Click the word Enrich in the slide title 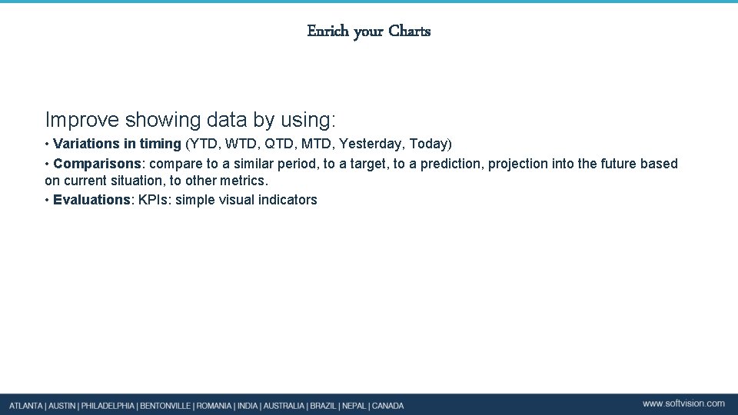pyautogui.click(x=328, y=32)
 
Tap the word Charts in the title pyautogui.click(x=410, y=32)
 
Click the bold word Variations pyautogui.click(x=87, y=144)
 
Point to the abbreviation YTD pyautogui.click(x=204, y=144)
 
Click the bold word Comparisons pyautogui.click(x=98, y=164)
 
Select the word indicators pyautogui.click(x=286, y=200)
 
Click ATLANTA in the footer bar pyautogui.click(x=26, y=405)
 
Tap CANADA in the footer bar pyautogui.click(x=387, y=405)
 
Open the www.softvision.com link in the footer pyautogui.click(x=683, y=403)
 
